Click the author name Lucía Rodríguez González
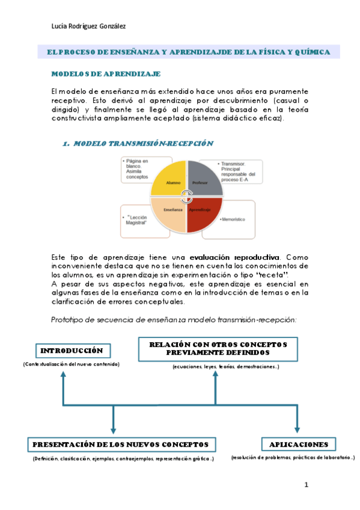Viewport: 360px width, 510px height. point(89,26)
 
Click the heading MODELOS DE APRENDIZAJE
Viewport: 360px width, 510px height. point(106,74)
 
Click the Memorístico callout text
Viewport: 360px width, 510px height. point(233,220)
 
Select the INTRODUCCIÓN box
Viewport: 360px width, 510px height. point(72,351)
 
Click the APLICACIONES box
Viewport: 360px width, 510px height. point(299,444)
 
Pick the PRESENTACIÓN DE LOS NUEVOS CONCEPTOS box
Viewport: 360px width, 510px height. point(121,444)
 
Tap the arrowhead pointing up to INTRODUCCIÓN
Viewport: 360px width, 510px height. point(62,374)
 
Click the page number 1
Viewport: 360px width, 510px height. point(306,485)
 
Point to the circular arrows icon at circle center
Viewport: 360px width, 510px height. point(187,196)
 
